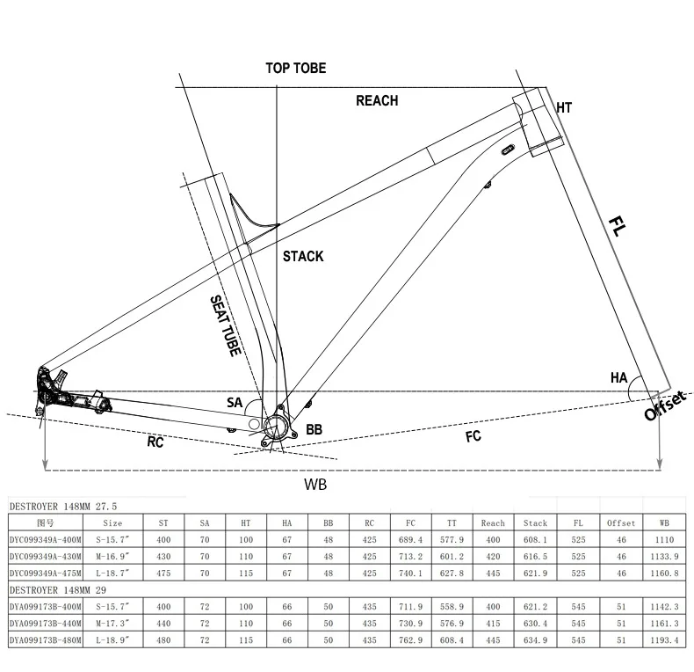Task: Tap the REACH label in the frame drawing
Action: click(x=376, y=100)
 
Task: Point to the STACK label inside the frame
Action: click(x=303, y=256)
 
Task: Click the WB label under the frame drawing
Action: click(x=315, y=484)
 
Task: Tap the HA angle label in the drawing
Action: click(x=618, y=377)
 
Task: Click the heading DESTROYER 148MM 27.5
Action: click(x=63, y=507)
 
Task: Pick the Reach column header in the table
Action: click(x=493, y=522)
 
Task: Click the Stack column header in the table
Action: click(x=535, y=522)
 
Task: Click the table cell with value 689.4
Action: click(x=411, y=540)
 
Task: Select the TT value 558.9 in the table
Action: click(x=452, y=607)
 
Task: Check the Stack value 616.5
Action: click(x=535, y=557)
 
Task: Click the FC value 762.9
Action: click(x=411, y=640)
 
